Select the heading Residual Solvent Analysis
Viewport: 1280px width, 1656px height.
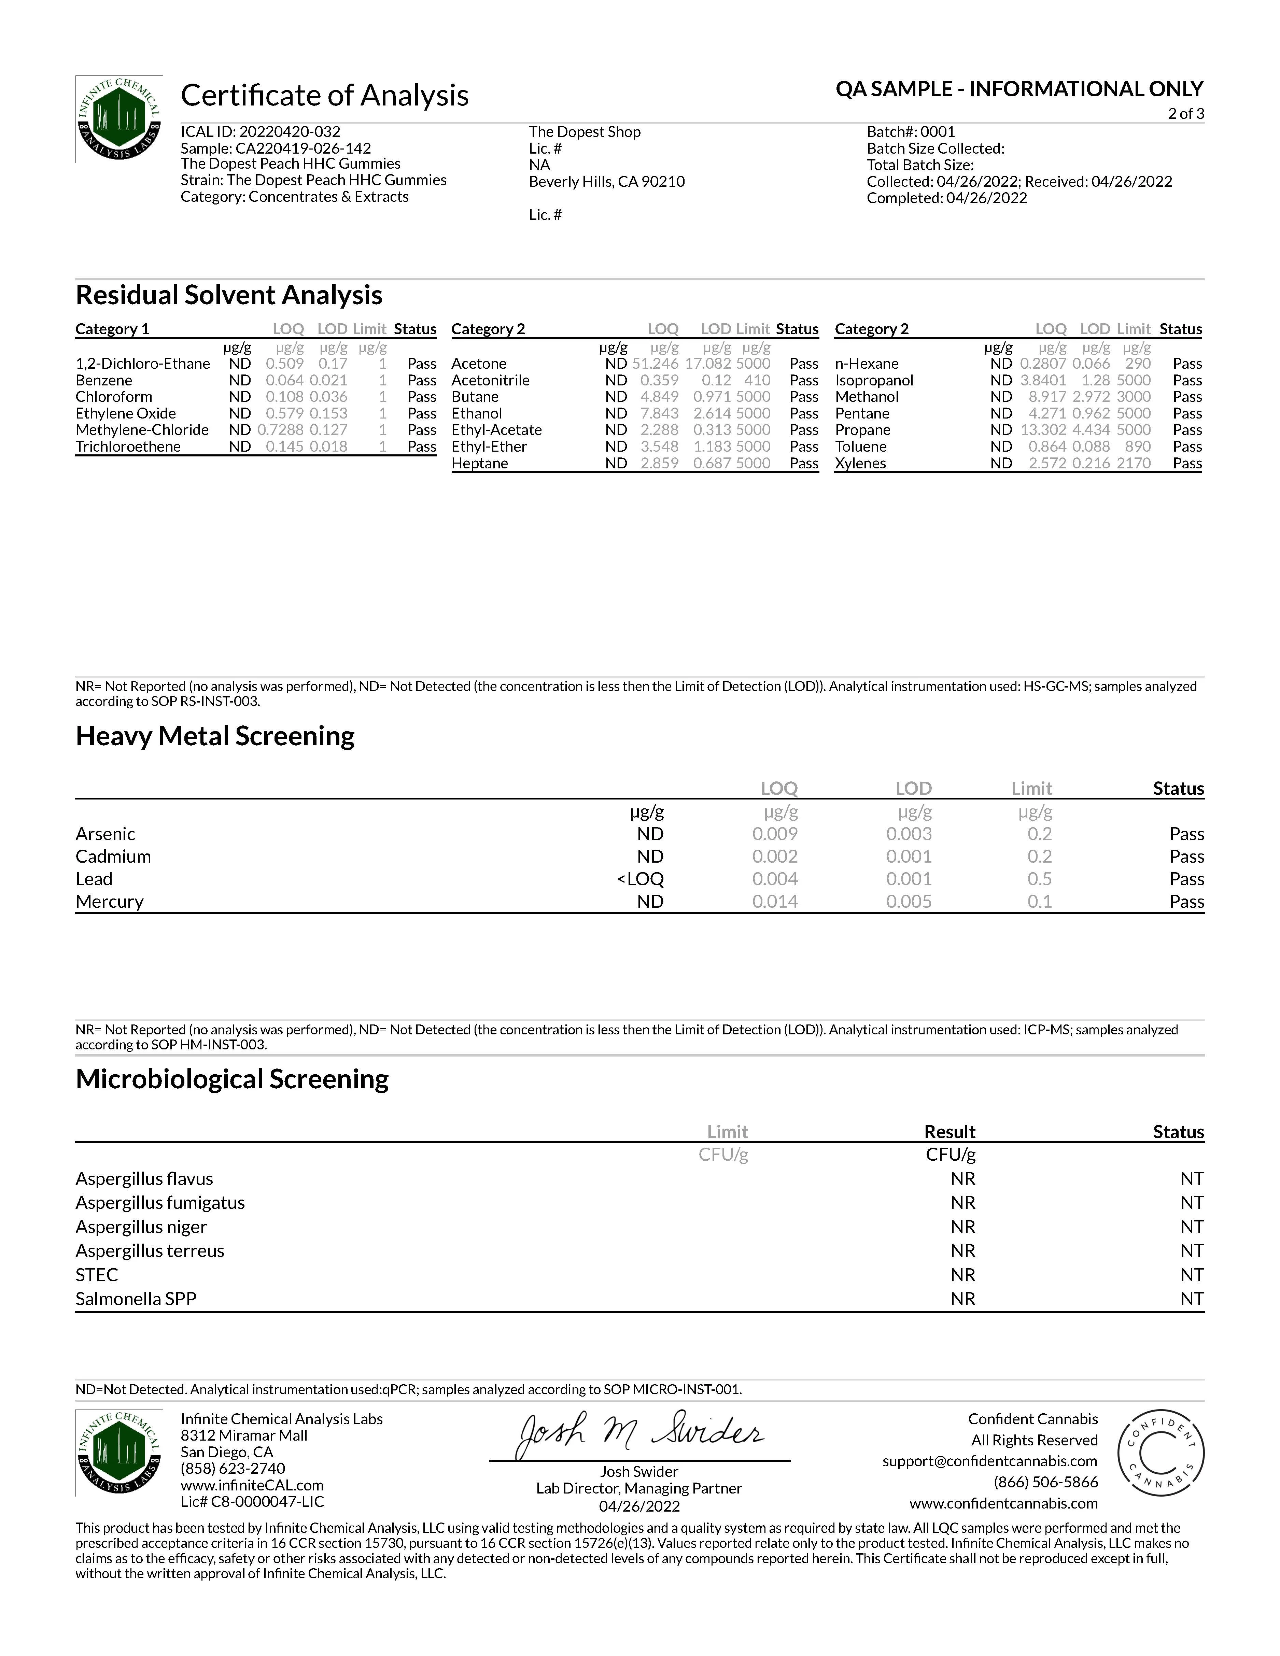(229, 295)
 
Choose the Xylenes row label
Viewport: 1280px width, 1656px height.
(861, 463)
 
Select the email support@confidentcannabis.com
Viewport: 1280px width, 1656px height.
(989, 1461)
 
